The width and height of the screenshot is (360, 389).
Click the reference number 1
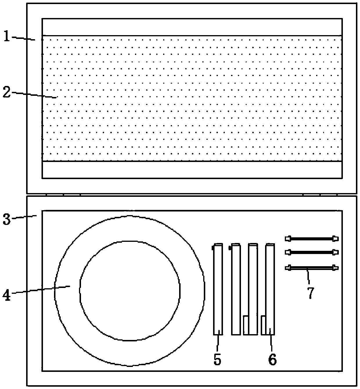(7, 37)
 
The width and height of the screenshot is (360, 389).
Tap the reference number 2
(7, 92)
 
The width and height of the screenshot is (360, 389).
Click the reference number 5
(217, 359)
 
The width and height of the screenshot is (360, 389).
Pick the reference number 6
(272, 359)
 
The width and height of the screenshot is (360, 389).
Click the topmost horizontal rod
(312, 239)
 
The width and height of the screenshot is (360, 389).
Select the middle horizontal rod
(312, 252)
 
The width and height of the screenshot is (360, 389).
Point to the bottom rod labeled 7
(312, 267)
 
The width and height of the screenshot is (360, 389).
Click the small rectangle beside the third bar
(246, 325)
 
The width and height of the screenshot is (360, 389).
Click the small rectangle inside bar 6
(264, 325)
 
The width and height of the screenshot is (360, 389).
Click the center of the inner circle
(129, 291)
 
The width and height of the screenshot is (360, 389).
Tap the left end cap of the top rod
(288, 239)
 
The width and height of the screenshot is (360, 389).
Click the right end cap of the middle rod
(335, 252)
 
